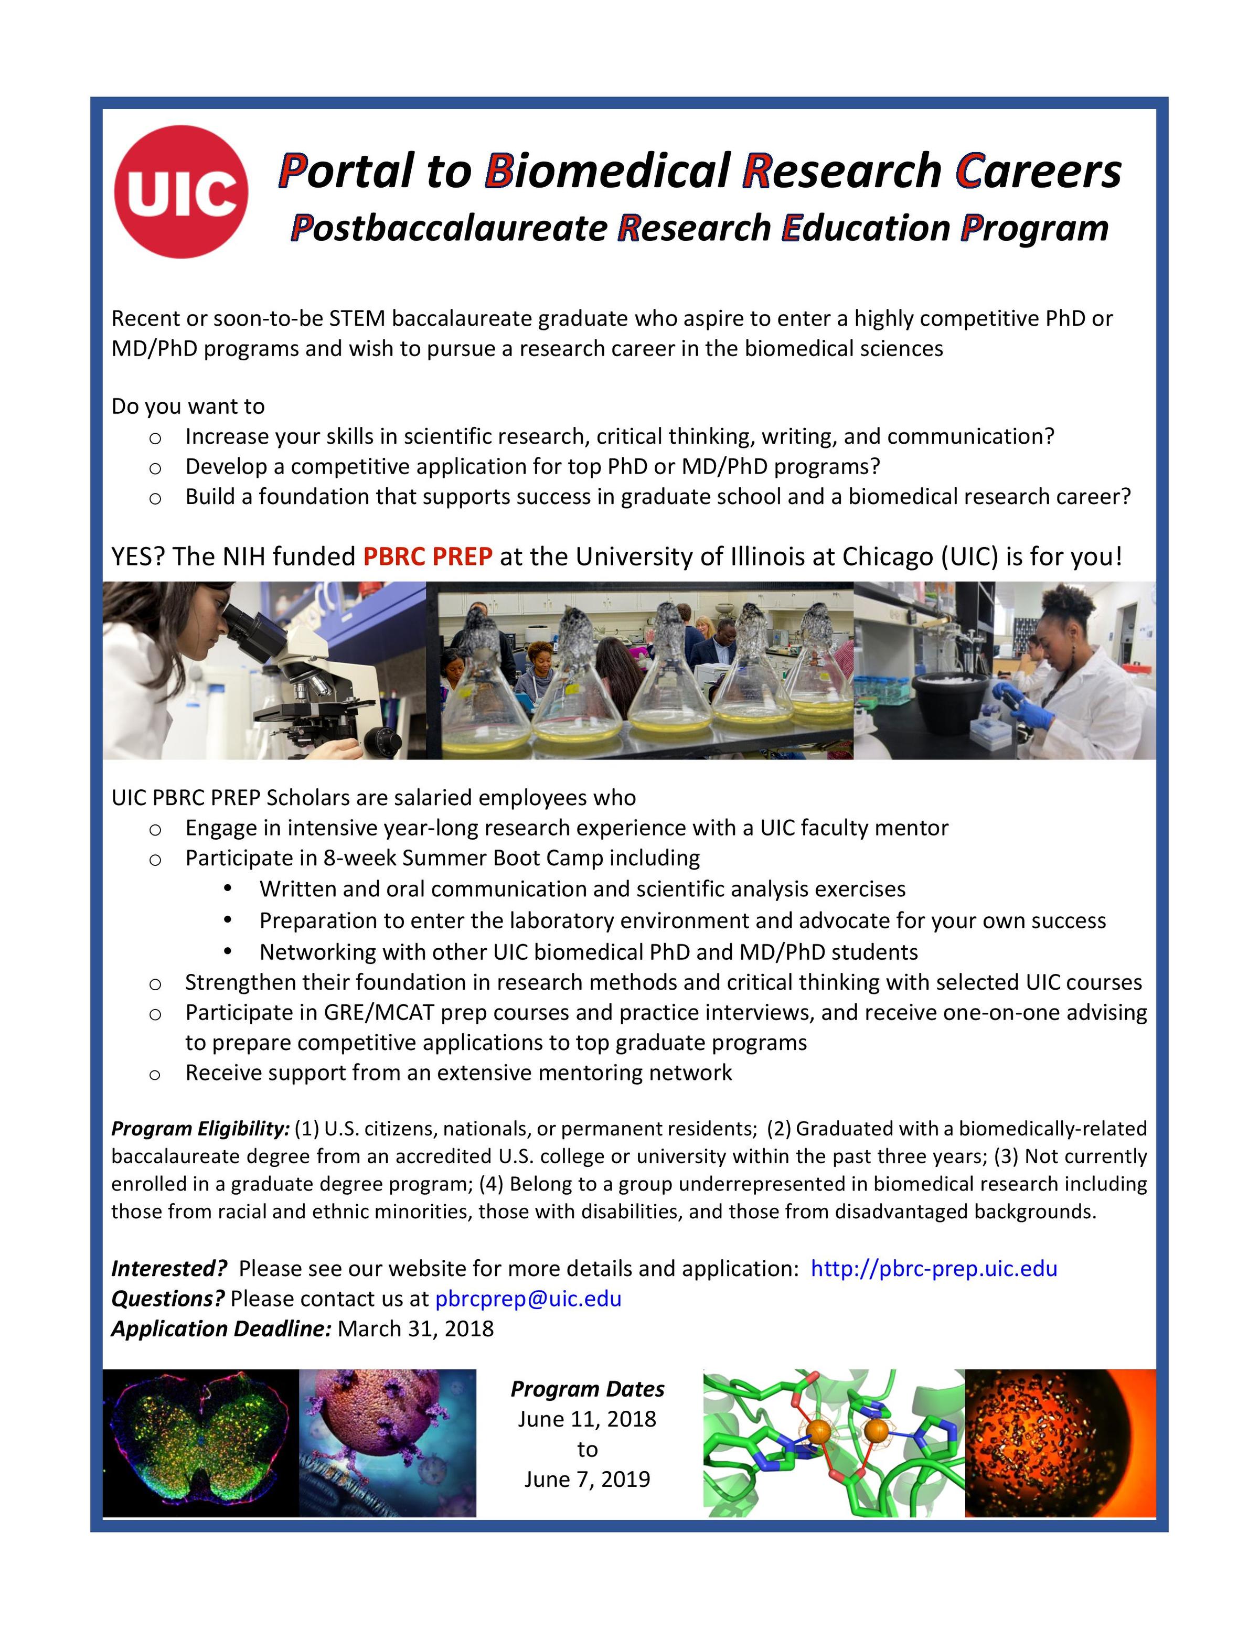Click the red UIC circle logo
click(181, 191)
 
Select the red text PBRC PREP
click(428, 556)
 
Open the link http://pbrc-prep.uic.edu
click(933, 1268)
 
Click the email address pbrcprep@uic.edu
click(528, 1299)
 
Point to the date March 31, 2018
click(415, 1328)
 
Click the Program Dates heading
click(587, 1389)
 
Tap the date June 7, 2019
click(587, 1478)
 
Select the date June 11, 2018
click(587, 1419)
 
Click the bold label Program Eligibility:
click(200, 1129)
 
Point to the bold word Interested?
click(168, 1268)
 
